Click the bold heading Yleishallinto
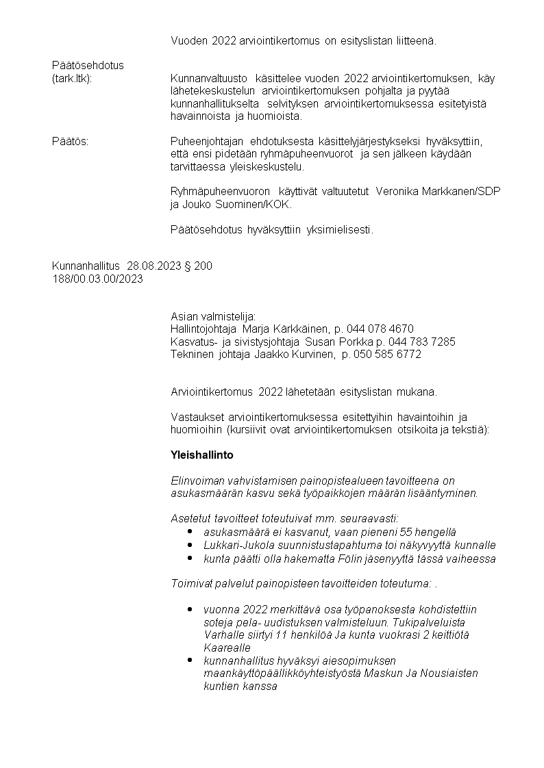click(202, 455)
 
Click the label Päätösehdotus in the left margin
click(88, 66)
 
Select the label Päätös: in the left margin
click(71, 141)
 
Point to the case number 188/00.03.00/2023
click(97, 279)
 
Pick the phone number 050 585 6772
click(386, 354)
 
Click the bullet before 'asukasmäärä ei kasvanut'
click(189, 532)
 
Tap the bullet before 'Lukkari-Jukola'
click(189, 545)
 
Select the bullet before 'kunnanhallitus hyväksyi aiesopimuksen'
click(189, 661)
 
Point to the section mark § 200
click(199, 266)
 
